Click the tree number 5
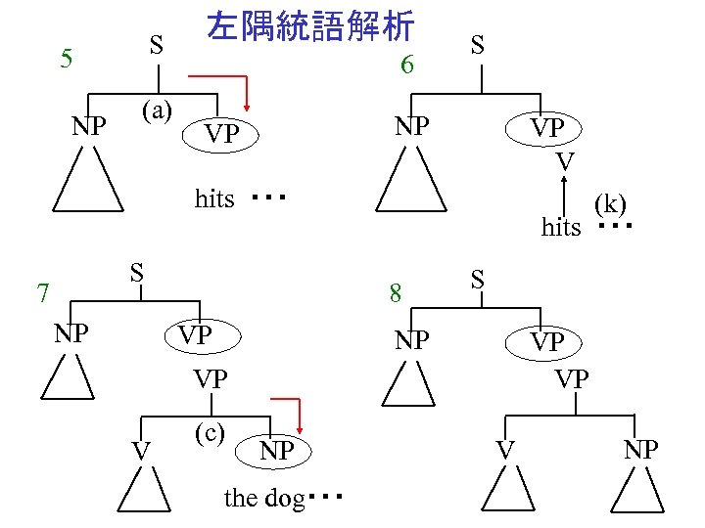pyautogui.click(x=66, y=58)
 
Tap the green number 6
pyautogui.click(x=409, y=66)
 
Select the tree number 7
pyautogui.click(x=42, y=290)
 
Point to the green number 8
pyautogui.click(x=395, y=292)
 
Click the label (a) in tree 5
pyautogui.click(x=158, y=110)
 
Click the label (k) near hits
pyautogui.click(x=609, y=203)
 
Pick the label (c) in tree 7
pyautogui.click(x=210, y=432)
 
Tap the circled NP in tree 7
pyautogui.click(x=276, y=450)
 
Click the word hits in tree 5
pyautogui.click(x=214, y=199)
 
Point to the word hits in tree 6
pyautogui.click(x=561, y=228)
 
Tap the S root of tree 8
pyautogui.click(x=477, y=279)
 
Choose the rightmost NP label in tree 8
pyautogui.click(x=640, y=450)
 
